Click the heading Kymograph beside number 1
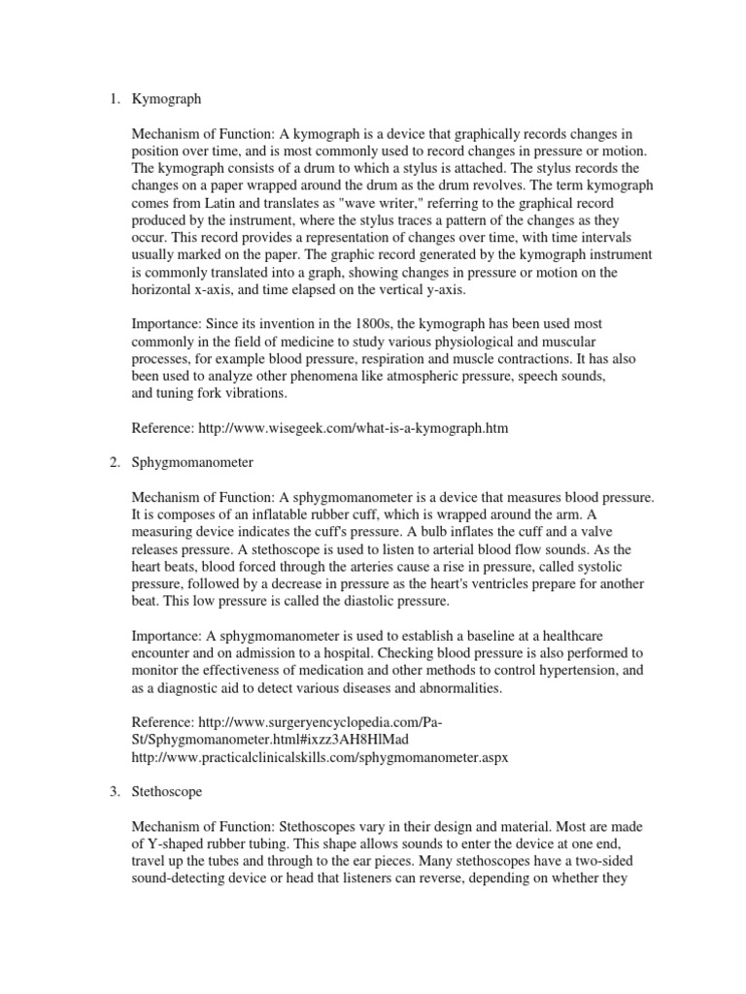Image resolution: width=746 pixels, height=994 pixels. (x=166, y=99)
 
